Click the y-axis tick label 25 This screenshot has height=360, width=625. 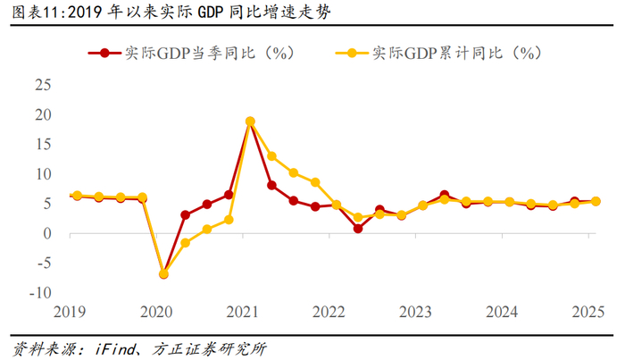coord(42,86)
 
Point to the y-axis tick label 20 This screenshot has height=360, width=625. coord(42,115)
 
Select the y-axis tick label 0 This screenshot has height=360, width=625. coord(46,234)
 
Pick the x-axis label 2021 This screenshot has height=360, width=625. coord(243,312)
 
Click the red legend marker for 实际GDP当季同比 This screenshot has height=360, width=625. coord(106,53)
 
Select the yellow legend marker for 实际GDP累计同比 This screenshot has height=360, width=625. coord(354,53)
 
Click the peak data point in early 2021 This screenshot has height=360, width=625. coord(250,121)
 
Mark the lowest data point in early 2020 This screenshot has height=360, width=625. coord(163,274)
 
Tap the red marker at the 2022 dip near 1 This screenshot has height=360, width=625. coord(358,229)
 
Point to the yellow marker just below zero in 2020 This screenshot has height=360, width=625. coord(186,243)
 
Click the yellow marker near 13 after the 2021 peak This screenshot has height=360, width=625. coord(271,156)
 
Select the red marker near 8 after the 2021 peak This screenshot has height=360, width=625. coord(271,185)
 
